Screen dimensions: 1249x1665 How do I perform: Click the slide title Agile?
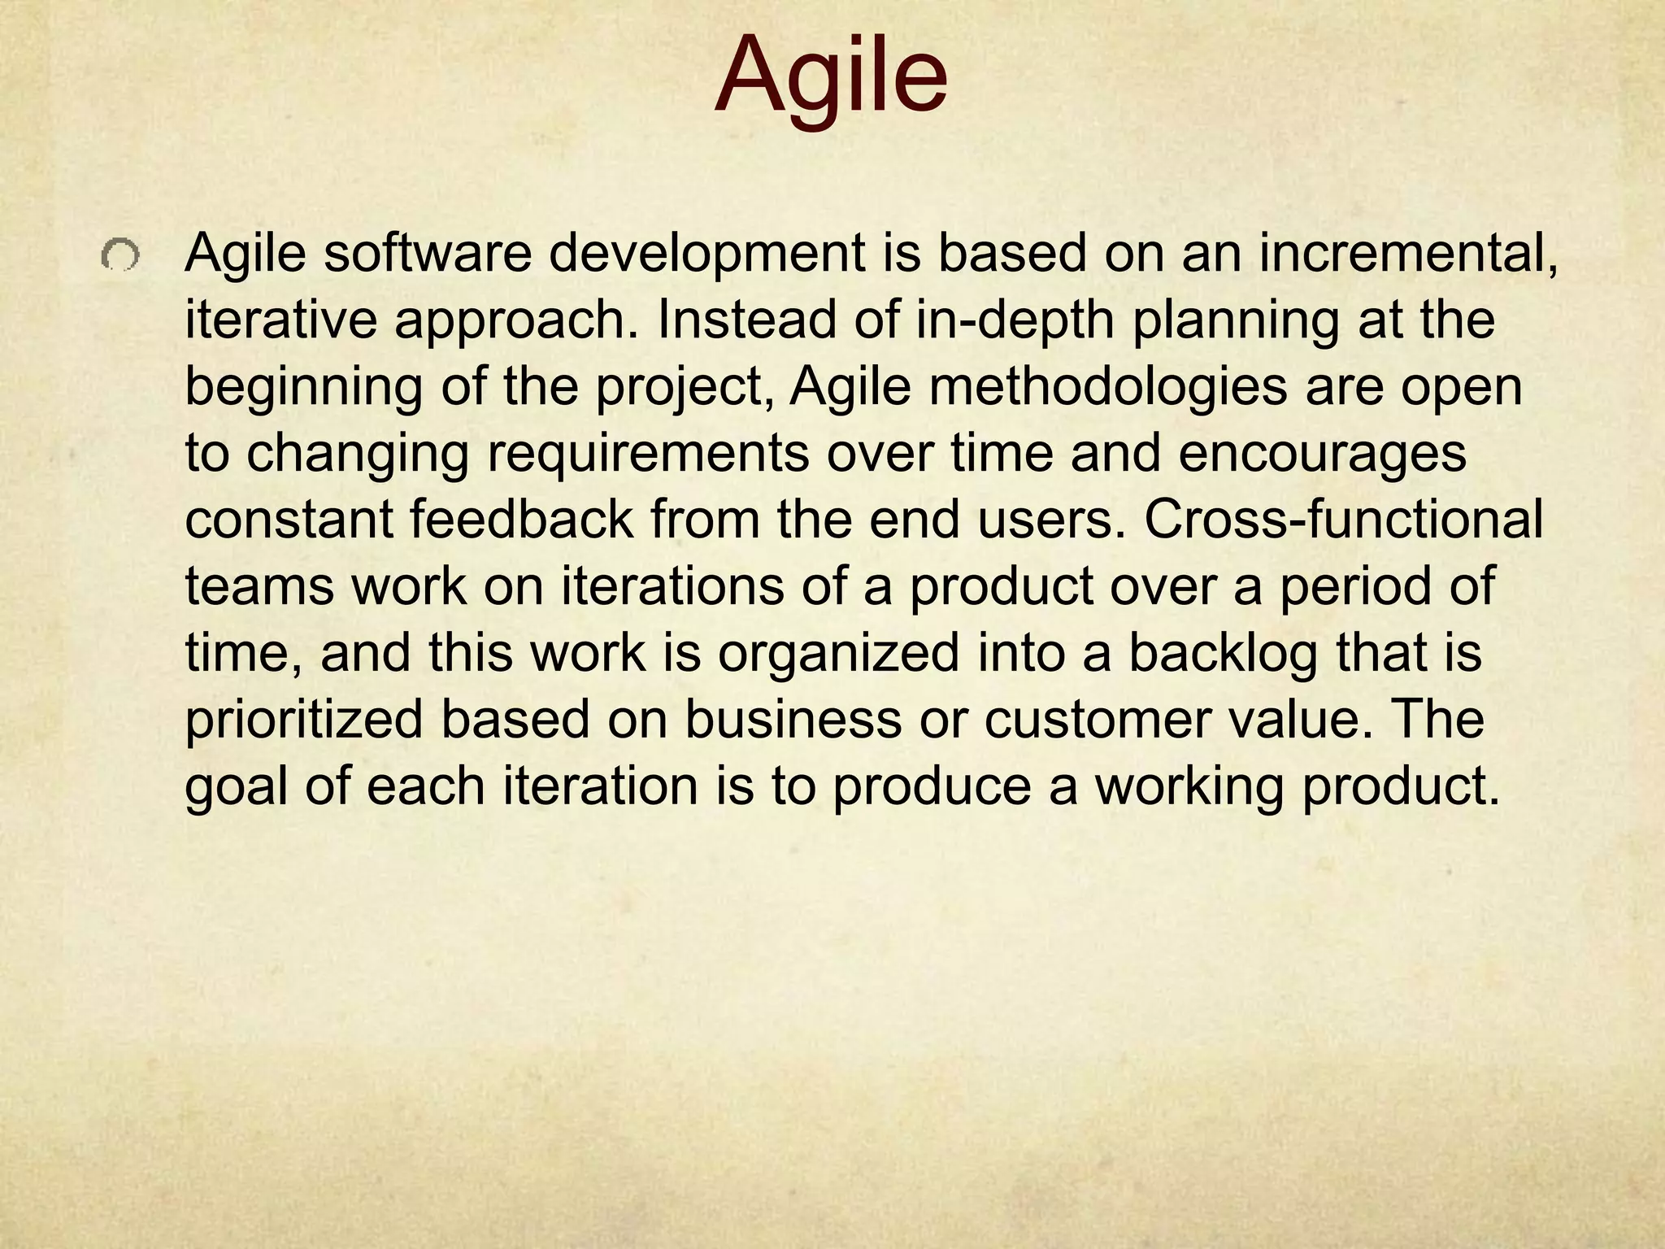tap(831, 78)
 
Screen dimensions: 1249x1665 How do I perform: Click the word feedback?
tap(521, 520)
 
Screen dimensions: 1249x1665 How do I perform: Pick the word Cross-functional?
tap(1343, 520)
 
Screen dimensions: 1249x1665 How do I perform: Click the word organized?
tap(838, 653)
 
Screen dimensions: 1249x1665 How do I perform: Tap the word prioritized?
tap(304, 720)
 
